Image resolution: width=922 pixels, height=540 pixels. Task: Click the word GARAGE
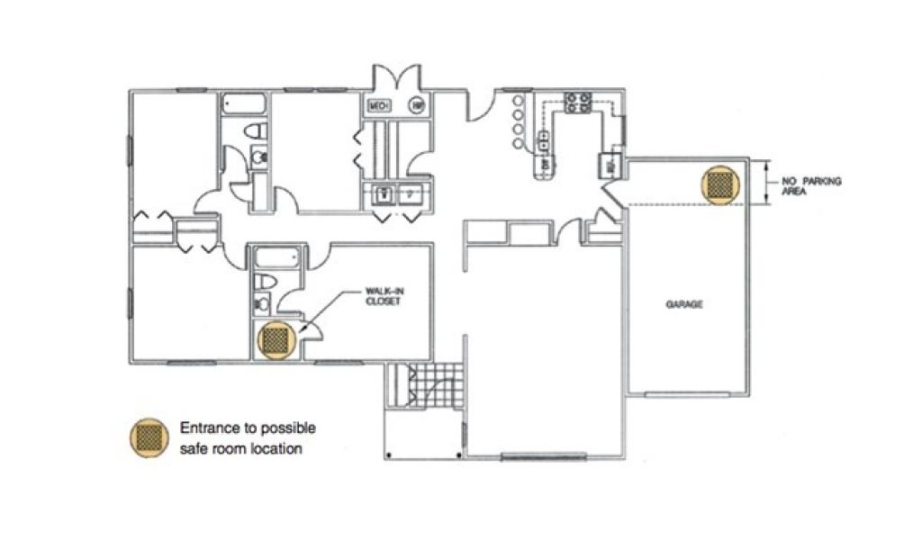click(x=683, y=304)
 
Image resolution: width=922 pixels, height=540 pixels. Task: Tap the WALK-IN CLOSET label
click(x=382, y=296)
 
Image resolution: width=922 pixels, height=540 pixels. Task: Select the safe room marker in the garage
click(x=719, y=184)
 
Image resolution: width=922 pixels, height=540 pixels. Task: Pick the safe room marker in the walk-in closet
click(x=276, y=339)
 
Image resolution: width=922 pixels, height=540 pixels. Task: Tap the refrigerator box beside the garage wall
click(x=610, y=166)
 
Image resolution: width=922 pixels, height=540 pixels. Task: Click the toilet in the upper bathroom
click(x=259, y=132)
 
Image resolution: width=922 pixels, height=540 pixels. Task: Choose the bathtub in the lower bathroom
click(x=277, y=258)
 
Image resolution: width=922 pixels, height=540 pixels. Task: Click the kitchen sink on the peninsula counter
click(x=545, y=141)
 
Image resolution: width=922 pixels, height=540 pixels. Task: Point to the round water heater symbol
click(x=418, y=106)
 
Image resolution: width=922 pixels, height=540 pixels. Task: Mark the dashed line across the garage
click(x=684, y=206)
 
